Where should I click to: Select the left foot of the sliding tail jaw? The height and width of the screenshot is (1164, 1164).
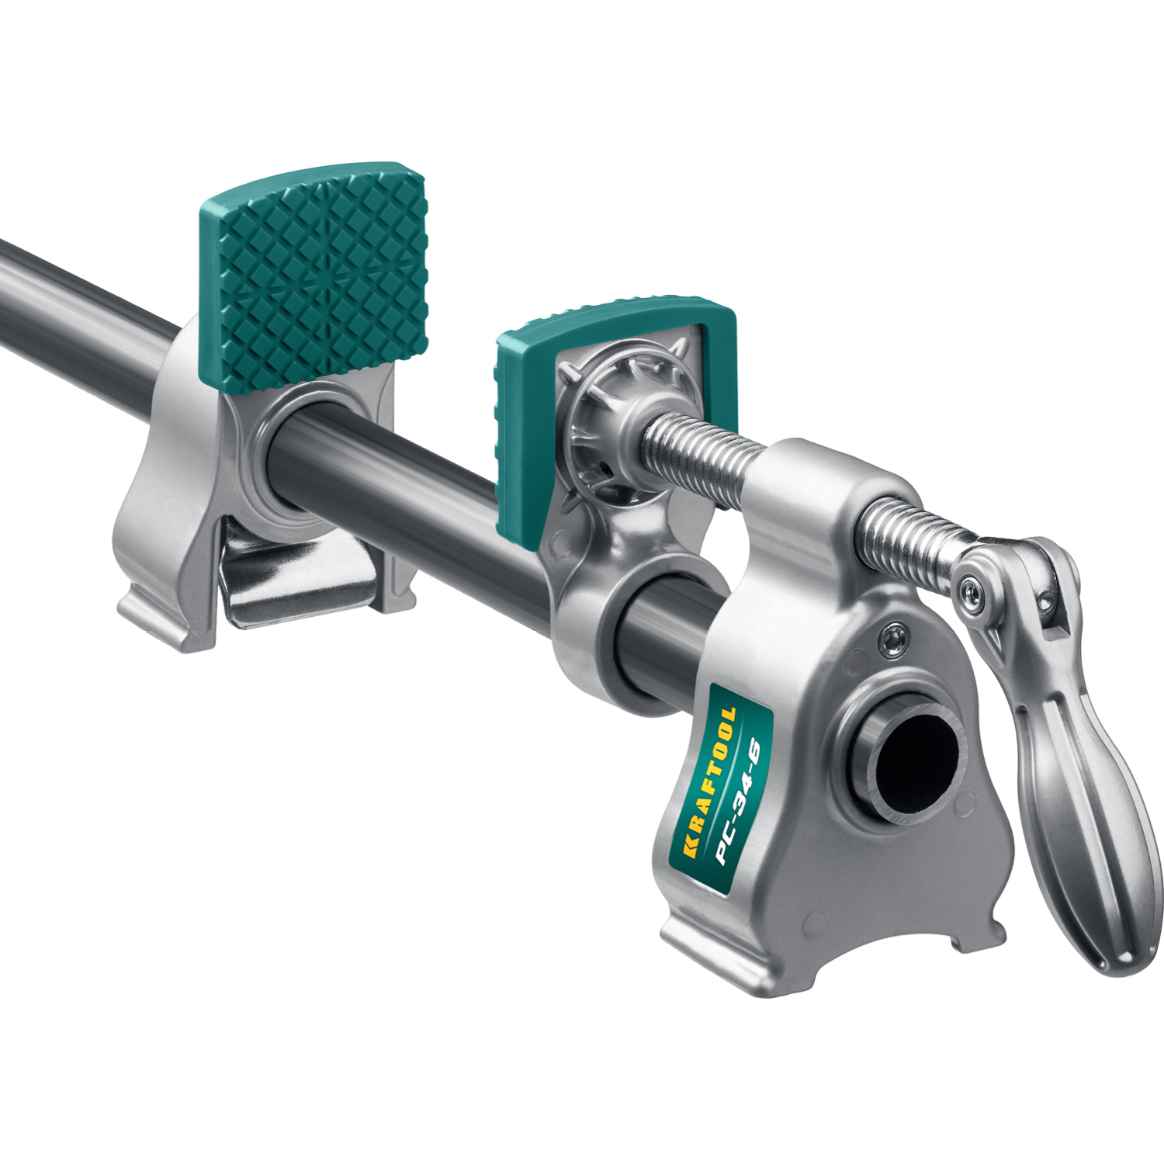tap(155, 613)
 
